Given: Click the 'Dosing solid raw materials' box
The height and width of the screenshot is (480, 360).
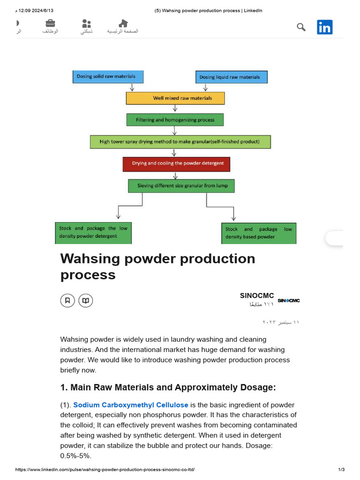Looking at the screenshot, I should [x=108, y=76].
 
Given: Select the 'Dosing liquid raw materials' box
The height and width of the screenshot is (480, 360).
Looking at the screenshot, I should [x=231, y=77].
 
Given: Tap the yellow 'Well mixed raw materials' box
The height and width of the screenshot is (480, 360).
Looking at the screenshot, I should [x=175, y=98].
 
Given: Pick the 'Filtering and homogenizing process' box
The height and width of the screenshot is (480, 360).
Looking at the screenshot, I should [x=175, y=120].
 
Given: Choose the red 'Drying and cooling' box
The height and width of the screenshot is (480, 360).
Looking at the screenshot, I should [x=176, y=164].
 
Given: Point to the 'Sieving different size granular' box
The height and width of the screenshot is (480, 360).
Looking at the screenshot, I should [x=181, y=186].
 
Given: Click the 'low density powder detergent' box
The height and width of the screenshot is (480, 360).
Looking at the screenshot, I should [x=93, y=232].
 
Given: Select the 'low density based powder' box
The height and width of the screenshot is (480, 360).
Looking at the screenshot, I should [x=259, y=233].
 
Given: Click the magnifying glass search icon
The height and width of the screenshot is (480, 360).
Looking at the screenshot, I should [x=301, y=27].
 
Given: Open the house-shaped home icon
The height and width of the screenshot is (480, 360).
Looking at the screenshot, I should [x=123, y=23].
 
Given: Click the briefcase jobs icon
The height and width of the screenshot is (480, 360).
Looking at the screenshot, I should [x=50, y=23].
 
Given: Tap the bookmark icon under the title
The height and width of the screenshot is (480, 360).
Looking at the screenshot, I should [x=67, y=300].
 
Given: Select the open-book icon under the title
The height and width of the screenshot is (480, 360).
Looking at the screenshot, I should [x=85, y=300].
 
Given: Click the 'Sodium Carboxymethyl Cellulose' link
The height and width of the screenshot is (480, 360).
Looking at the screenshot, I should [x=131, y=405].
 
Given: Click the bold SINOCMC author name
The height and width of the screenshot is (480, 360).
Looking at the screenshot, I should [x=257, y=296].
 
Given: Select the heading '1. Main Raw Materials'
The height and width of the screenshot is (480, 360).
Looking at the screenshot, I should [x=168, y=387].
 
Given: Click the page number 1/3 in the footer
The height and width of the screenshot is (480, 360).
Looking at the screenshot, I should [x=341, y=470].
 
